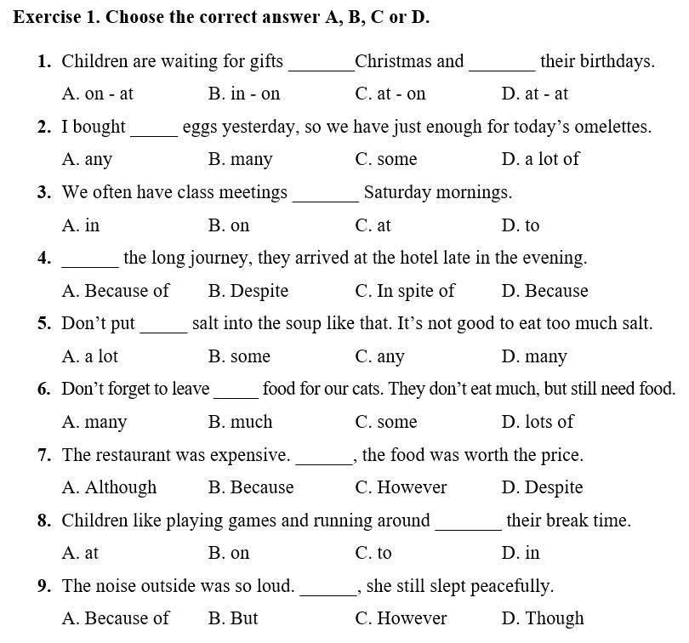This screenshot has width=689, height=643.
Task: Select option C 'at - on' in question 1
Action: pos(390,94)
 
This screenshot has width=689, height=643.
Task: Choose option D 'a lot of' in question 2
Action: pos(540,159)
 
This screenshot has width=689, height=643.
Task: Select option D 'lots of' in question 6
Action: pos(538,422)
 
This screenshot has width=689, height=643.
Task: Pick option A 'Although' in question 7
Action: pos(110,487)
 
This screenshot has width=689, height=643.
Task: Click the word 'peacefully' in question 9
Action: pos(511,586)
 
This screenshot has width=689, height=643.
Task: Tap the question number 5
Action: pos(45,324)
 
